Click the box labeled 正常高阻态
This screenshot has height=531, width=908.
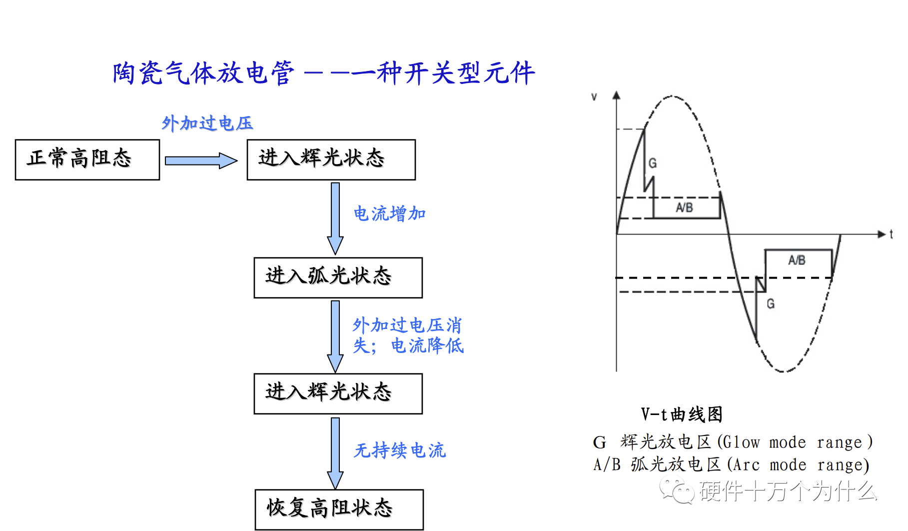click(87, 159)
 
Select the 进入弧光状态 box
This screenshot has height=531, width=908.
click(338, 277)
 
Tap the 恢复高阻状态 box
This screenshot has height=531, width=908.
click(339, 509)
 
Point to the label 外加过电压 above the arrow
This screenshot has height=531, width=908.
click(207, 123)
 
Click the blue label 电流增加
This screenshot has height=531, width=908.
click(389, 214)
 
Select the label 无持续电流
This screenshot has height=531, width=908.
click(399, 450)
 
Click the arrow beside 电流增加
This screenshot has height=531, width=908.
click(335, 218)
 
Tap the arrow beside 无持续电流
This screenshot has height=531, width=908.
click(335, 453)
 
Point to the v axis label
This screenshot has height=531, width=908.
click(594, 96)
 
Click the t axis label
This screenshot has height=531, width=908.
click(891, 234)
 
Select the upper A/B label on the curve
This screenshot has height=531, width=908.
click(684, 207)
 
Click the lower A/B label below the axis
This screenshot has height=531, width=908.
click(797, 260)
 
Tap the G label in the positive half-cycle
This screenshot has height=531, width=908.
click(653, 163)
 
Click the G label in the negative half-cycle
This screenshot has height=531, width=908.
click(771, 303)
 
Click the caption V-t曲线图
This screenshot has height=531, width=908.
click(682, 414)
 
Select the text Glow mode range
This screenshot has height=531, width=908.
click(795, 442)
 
